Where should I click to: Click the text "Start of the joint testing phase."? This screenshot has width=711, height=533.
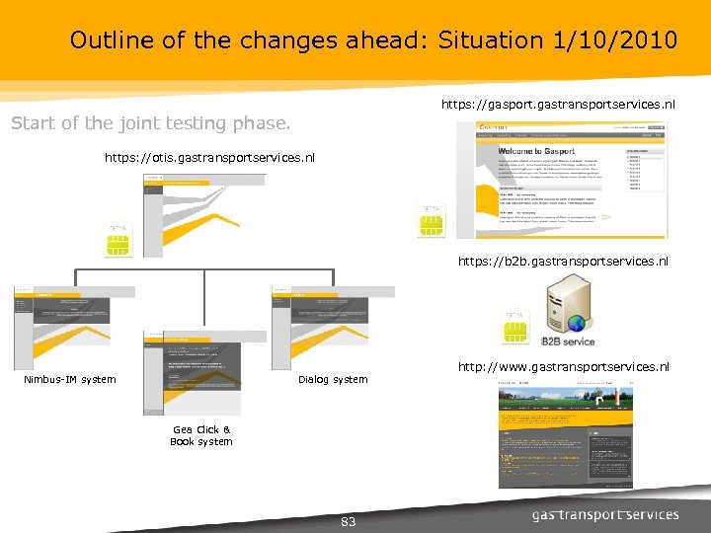[150, 123]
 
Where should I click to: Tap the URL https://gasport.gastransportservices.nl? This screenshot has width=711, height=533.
[558, 104]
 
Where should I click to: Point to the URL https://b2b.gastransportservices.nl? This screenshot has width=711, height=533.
[563, 262]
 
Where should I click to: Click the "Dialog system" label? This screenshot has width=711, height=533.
[332, 379]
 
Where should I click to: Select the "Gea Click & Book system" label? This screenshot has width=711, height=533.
[201, 435]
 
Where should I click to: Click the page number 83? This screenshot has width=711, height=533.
[348, 521]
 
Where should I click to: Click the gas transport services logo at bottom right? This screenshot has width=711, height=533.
[605, 514]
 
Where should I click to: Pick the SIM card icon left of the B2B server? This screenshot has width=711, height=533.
[514, 329]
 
